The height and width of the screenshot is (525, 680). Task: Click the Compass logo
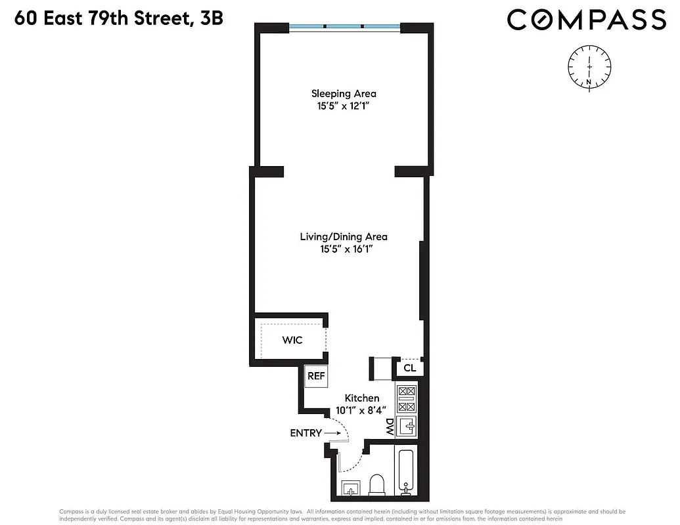(x=586, y=19)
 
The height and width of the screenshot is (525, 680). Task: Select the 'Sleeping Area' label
(x=344, y=93)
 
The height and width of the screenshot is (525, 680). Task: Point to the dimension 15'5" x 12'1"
(x=344, y=106)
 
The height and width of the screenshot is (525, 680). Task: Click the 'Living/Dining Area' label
(x=344, y=237)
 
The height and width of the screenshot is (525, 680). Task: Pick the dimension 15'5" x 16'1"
(x=344, y=249)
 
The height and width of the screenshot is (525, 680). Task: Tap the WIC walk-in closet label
(x=292, y=340)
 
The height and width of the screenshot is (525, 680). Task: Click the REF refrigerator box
(x=316, y=376)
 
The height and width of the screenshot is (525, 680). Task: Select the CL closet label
(x=409, y=368)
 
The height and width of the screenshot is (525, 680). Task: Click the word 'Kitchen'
(x=362, y=398)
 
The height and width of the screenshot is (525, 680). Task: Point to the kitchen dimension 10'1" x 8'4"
(x=362, y=411)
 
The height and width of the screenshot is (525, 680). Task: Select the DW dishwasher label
(x=389, y=427)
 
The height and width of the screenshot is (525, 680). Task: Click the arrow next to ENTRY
(x=332, y=433)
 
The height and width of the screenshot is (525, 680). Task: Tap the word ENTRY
(x=306, y=433)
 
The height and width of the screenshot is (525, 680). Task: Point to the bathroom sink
(x=351, y=488)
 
